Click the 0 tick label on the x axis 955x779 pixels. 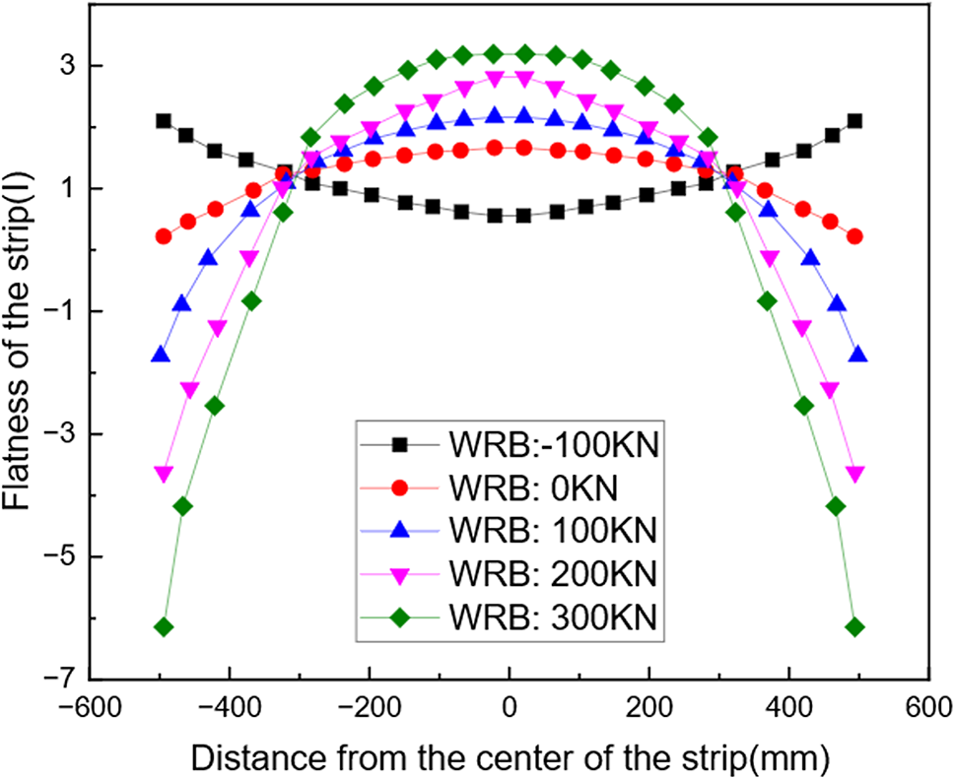509,707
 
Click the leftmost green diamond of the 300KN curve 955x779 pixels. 164,627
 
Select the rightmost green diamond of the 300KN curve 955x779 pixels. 854,627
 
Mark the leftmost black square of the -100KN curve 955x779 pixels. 164,120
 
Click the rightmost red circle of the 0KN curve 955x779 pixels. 854,236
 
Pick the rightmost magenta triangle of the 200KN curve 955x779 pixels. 854,474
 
